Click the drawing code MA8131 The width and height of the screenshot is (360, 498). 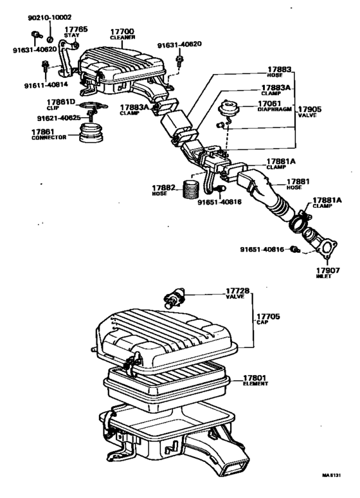coord(334,477)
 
